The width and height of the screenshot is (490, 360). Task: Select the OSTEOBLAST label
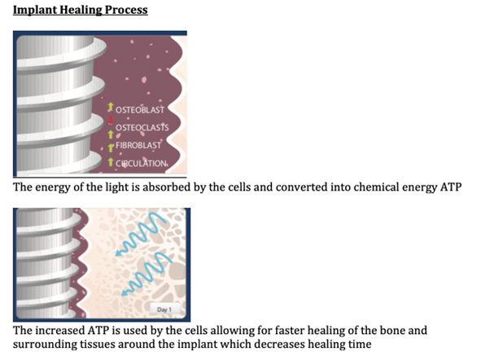pos(140,110)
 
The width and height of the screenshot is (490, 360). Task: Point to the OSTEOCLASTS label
pos(142,128)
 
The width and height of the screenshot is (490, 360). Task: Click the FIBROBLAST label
pos(138,146)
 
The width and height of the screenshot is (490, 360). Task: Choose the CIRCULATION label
pos(141,163)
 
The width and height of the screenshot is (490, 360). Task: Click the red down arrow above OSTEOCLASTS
pos(111,121)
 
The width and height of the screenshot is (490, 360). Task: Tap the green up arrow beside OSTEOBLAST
pos(111,107)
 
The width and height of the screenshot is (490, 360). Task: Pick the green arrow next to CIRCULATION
pos(111,162)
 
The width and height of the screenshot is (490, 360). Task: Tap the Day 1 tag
pos(164,310)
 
